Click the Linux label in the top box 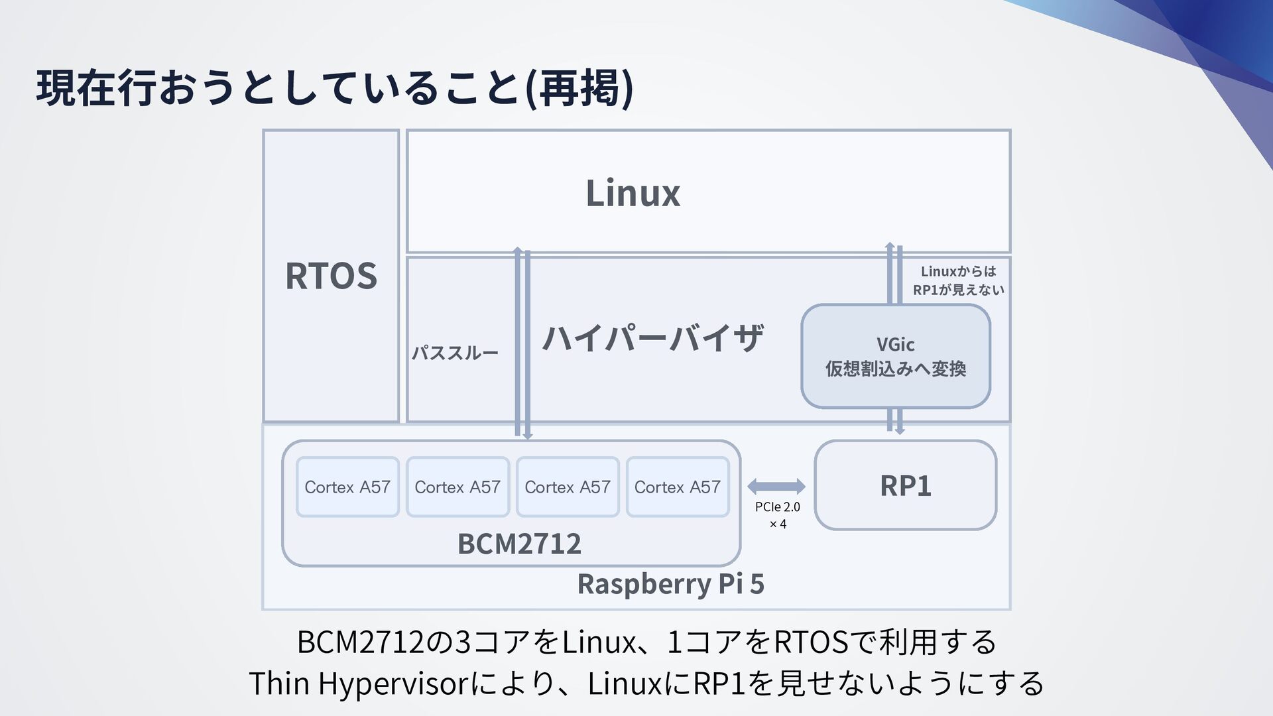pyautogui.click(x=633, y=193)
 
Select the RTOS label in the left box pyautogui.click(x=331, y=276)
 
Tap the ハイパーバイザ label pyautogui.click(x=653, y=337)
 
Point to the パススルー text pyautogui.click(x=455, y=353)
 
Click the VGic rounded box pyautogui.click(x=895, y=356)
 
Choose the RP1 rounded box pyautogui.click(x=905, y=485)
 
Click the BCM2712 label pyautogui.click(x=519, y=544)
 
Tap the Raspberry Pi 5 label pyautogui.click(x=670, y=584)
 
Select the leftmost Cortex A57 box pyautogui.click(x=347, y=487)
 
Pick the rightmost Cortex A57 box pyautogui.click(x=677, y=487)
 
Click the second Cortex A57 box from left pyautogui.click(x=457, y=487)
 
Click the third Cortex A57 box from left pyautogui.click(x=568, y=487)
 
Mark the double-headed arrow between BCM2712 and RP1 pyautogui.click(x=776, y=487)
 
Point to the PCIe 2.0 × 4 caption pyautogui.click(x=778, y=515)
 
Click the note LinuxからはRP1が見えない pyautogui.click(x=958, y=280)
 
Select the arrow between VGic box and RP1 pyautogui.click(x=895, y=421)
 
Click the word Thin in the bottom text pyautogui.click(x=278, y=684)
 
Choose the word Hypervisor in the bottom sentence pyautogui.click(x=394, y=684)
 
